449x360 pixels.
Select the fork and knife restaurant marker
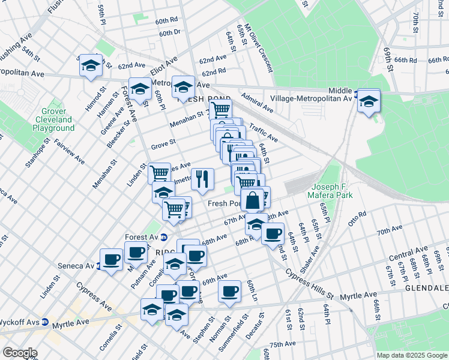click(202, 178)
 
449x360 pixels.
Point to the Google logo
click(19, 353)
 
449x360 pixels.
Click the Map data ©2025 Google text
click(412, 355)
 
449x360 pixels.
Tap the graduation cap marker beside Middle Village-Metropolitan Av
click(369, 100)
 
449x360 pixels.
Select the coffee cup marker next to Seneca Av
click(111, 259)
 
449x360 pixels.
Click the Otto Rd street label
click(357, 215)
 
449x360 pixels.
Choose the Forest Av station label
click(140, 237)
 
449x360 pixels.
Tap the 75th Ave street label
click(283, 344)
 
